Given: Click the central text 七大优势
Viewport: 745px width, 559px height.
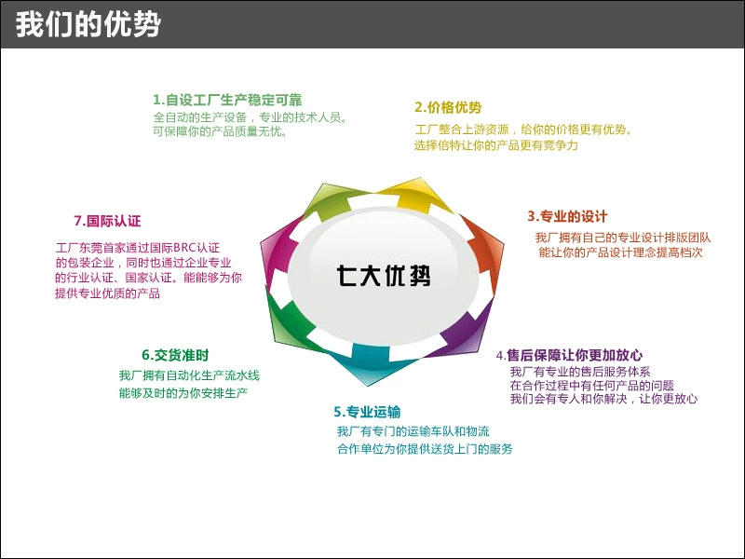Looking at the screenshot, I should point(384,276).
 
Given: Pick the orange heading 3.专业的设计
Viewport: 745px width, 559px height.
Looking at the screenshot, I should point(567,216).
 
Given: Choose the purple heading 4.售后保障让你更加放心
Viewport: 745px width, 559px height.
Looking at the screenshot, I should point(569,355).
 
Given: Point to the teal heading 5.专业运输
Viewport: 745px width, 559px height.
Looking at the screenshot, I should point(367,412).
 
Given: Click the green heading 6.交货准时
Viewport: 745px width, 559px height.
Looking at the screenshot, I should point(175,355).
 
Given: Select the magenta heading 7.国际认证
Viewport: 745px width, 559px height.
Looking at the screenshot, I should point(107,221).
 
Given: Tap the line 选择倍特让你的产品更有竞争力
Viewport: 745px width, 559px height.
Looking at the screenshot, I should point(496,146).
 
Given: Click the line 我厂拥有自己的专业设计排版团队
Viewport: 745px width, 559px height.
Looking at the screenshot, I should point(622,239).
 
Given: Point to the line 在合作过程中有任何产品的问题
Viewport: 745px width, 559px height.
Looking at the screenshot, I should point(591,385).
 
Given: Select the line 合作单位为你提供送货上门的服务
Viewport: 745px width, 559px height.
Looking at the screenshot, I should point(425,449).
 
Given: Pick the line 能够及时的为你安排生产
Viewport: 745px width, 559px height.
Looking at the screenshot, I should point(183,393).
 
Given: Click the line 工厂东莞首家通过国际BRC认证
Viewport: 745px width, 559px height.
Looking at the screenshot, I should point(137,248).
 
